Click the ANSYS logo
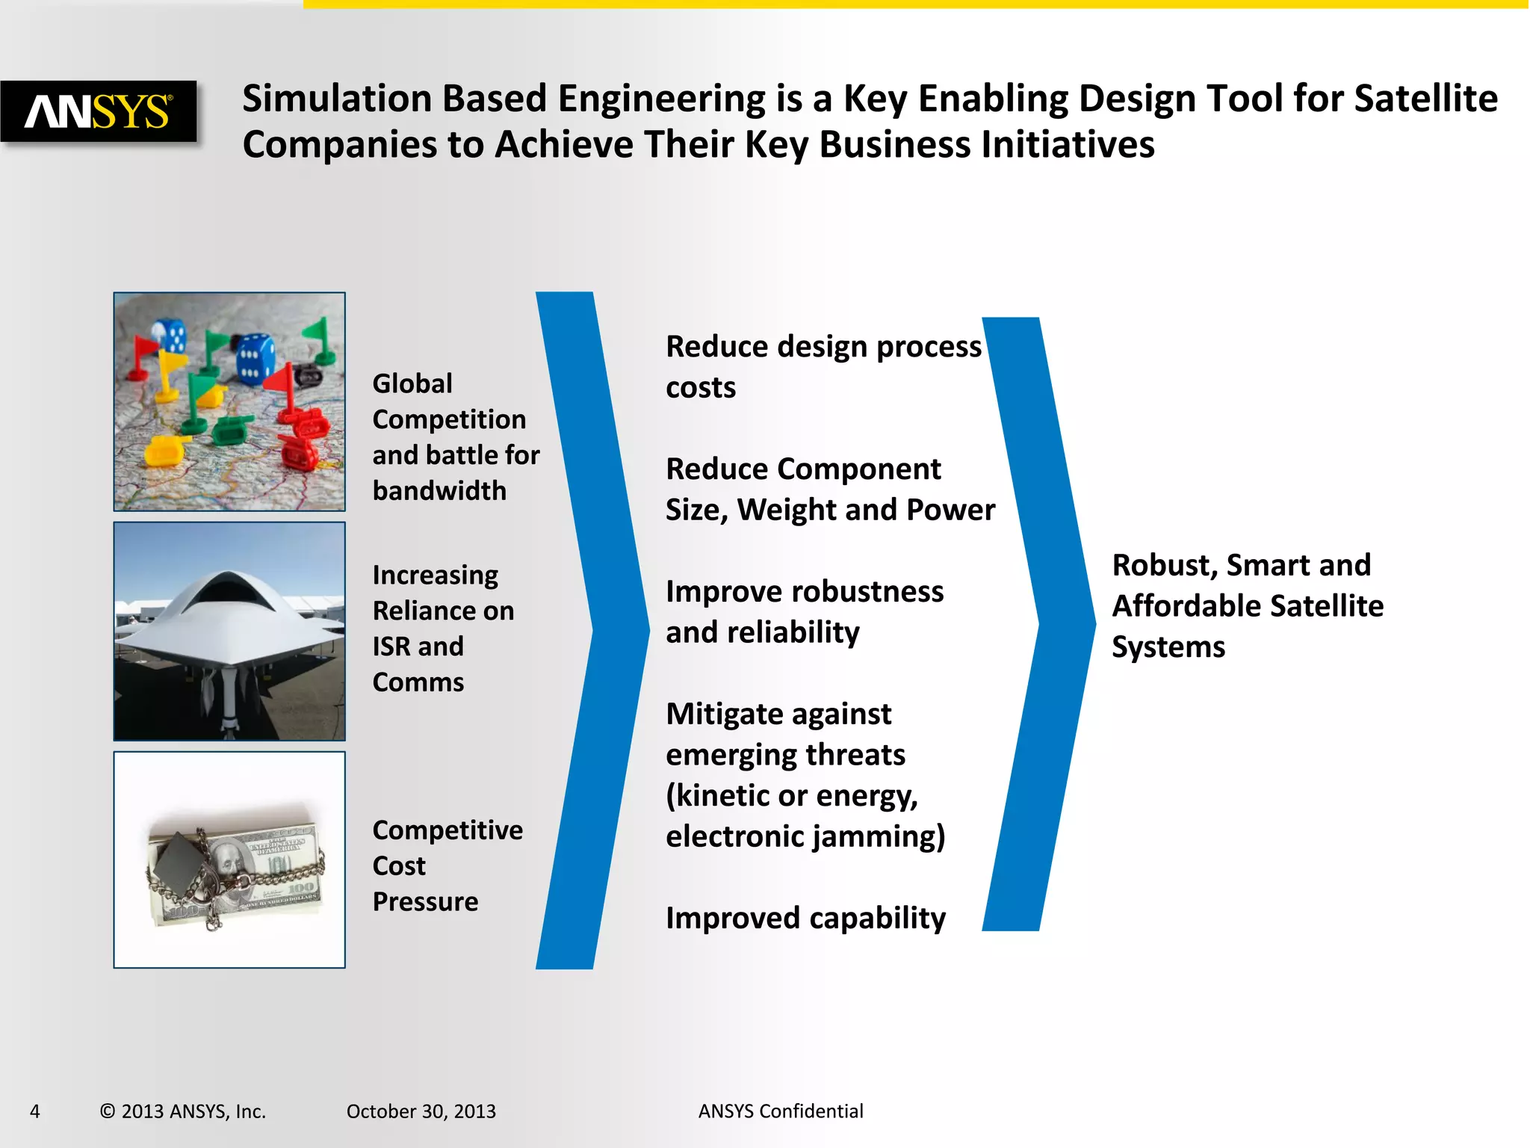point(99,111)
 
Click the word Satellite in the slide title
point(1425,99)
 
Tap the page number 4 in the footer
point(34,1111)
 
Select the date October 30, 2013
point(421,1111)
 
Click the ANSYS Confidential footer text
point(781,1111)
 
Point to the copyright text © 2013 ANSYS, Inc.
point(183,1111)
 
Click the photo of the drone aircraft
point(229,631)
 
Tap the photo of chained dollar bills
point(229,860)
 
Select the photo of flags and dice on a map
point(229,401)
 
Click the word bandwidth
point(439,491)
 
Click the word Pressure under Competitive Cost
point(425,902)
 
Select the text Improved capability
point(805,918)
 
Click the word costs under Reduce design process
point(701,387)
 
